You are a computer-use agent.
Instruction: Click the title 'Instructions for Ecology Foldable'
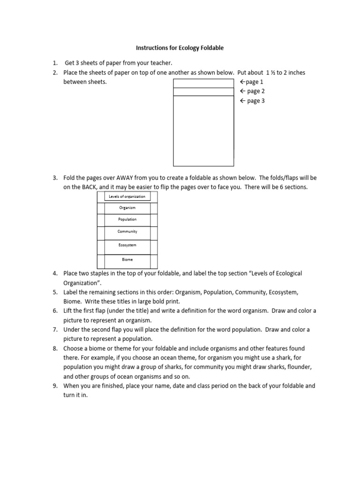tap(180, 48)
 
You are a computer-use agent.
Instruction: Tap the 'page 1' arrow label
tap(252, 82)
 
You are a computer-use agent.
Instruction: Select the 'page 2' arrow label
tap(252, 91)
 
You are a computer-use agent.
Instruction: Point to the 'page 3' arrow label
tap(252, 101)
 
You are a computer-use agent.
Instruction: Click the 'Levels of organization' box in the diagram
tap(127, 196)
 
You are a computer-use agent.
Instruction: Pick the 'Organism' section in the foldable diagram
tap(127, 208)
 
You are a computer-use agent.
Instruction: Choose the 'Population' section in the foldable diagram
tap(127, 219)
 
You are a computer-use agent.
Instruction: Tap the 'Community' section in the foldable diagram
tap(127, 232)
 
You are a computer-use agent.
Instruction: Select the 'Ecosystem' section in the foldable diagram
tap(127, 245)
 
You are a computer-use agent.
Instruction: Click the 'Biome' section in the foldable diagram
tap(127, 259)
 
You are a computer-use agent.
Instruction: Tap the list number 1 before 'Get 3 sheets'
tap(55, 63)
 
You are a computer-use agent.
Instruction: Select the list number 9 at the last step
tap(55, 386)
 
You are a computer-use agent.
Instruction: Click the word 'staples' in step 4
tap(100, 273)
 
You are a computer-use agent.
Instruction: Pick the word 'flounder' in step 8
tap(294, 367)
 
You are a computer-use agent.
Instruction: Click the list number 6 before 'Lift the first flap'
tap(55, 311)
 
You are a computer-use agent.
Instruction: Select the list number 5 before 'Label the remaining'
tap(55, 292)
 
